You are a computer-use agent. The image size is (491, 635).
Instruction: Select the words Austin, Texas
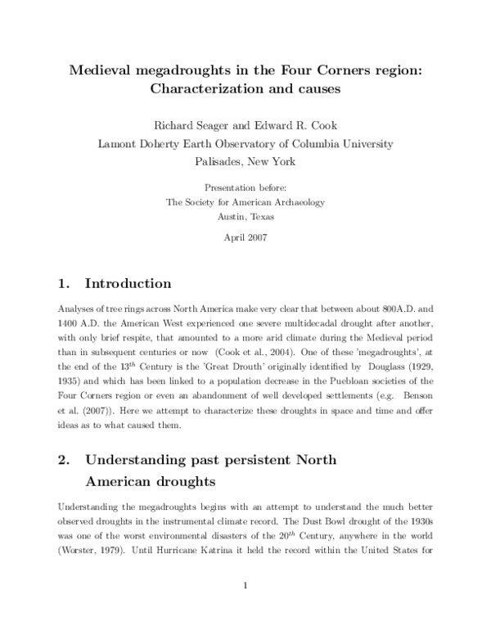(x=245, y=217)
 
